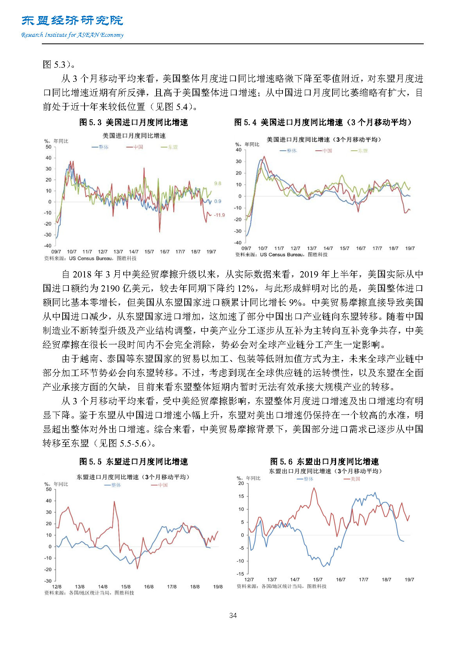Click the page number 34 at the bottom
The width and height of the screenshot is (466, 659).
click(x=233, y=616)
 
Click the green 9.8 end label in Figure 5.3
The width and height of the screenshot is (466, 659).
click(x=218, y=183)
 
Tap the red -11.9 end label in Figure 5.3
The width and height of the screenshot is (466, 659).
click(x=219, y=215)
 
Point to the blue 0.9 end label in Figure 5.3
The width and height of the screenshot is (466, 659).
click(x=218, y=201)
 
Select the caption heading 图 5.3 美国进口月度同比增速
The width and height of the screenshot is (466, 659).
click(x=133, y=122)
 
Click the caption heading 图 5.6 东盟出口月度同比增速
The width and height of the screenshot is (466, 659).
click(x=324, y=462)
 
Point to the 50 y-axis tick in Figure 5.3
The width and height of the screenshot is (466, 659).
click(x=49, y=147)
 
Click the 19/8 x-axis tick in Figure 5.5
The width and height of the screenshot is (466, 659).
click(x=218, y=587)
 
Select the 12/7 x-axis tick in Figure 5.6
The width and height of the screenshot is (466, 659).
click(x=249, y=580)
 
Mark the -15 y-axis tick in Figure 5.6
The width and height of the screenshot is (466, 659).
click(x=241, y=574)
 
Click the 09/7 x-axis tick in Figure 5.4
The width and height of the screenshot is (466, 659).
click(x=246, y=248)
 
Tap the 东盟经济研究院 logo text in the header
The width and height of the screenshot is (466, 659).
click(x=72, y=20)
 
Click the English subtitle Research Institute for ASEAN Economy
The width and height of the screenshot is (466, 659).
click(x=72, y=35)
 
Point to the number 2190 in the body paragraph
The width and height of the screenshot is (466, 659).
click(x=111, y=288)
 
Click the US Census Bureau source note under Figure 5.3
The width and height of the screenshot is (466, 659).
click(x=90, y=258)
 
